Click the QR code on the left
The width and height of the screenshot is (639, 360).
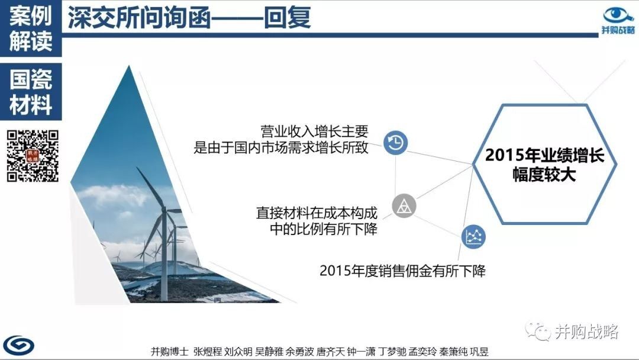[x=33, y=156]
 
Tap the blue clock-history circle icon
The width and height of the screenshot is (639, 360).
[x=395, y=143]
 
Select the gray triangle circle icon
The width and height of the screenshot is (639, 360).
[x=404, y=205]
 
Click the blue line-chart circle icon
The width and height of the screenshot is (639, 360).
[x=473, y=236]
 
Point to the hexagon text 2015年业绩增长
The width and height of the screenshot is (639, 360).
[x=544, y=155]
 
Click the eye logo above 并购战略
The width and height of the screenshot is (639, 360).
[x=618, y=15]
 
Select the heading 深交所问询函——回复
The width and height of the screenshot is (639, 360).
[x=189, y=18]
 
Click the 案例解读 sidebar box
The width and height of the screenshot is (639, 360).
[x=31, y=28]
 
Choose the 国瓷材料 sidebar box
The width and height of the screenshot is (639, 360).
[x=31, y=92]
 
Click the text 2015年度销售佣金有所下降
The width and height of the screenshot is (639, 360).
[x=402, y=271]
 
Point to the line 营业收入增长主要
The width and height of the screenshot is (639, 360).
[x=314, y=131]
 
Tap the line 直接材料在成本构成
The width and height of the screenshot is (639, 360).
[x=317, y=213]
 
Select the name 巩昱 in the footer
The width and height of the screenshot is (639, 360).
[x=479, y=352]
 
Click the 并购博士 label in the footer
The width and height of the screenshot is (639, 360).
[x=170, y=352]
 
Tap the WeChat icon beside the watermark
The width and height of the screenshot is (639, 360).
[x=538, y=331]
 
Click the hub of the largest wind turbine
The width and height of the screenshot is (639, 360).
[x=164, y=209]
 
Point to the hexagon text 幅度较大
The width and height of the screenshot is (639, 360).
[x=544, y=175]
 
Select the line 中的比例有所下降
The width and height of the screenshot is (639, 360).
[x=324, y=229]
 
